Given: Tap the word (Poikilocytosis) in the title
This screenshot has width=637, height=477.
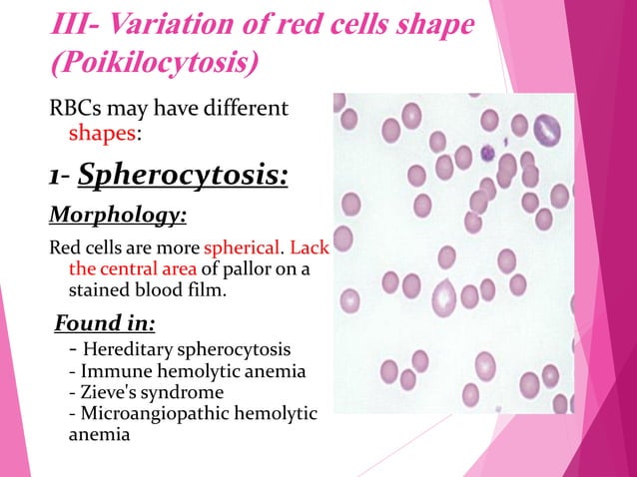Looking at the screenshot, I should click(154, 63).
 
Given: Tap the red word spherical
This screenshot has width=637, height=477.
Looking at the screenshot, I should click(243, 247).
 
